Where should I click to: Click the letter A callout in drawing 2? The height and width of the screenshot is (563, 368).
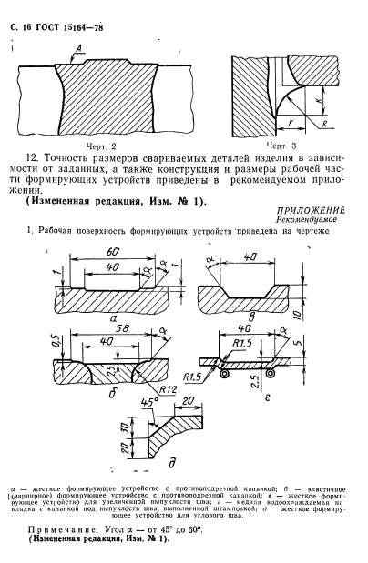click(x=80, y=45)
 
